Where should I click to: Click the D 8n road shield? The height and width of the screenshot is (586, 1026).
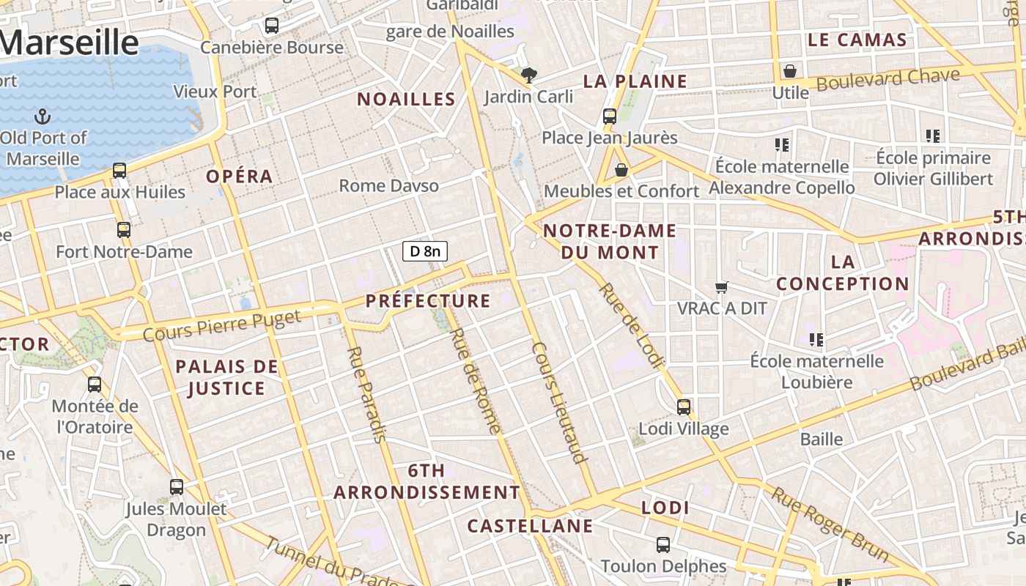click(x=425, y=251)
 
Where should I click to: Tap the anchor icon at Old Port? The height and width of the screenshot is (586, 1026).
click(x=43, y=116)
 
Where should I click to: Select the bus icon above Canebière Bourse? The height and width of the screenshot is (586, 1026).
click(x=272, y=26)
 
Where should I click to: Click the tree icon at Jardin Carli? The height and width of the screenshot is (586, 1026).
click(x=528, y=75)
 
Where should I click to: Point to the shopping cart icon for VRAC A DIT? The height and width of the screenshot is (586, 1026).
click(x=722, y=287)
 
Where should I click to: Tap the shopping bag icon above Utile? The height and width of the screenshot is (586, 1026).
click(x=790, y=71)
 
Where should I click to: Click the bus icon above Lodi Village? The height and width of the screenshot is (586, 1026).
click(x=684, y=407)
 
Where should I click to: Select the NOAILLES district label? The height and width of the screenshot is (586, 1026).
click(x=406, y=99)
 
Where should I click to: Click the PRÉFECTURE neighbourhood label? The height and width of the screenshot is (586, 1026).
click(x=428, y=300)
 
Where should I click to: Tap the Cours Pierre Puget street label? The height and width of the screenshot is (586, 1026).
click(x=222, y=325)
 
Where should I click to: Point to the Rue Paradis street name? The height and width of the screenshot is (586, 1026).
click(x=365, y=394)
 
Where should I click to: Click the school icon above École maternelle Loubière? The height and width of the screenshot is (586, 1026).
click(x=816, y=339)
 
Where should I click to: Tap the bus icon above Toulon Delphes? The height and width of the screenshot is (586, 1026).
click(x=663, y=544)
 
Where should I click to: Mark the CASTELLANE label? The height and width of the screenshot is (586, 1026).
click(x=530, y=526)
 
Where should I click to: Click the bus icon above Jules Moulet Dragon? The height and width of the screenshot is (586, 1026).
click(x=177, y=486)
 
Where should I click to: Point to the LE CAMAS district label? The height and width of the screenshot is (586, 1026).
click(x=857, y=40)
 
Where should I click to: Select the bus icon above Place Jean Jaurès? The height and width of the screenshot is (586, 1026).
click(x=610, y=116)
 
